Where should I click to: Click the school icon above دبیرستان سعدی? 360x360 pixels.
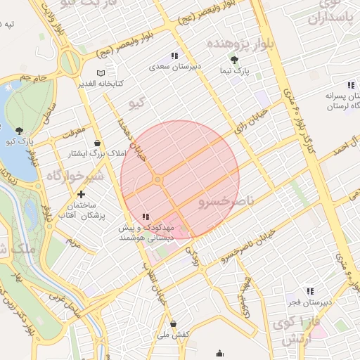(174, 56)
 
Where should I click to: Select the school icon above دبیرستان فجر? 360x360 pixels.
(309, 291)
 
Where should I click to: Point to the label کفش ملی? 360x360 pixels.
(176, 335)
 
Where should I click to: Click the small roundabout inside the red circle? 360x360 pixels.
(158, 181)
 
